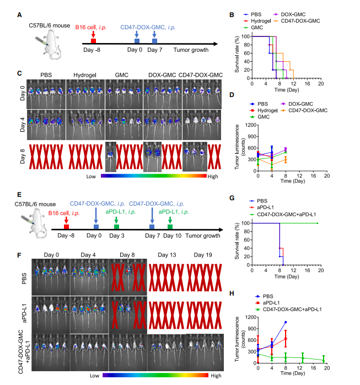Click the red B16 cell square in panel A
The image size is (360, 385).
(93, 41)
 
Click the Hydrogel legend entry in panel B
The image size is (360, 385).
(265, 20)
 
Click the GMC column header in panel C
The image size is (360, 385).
(122, 74)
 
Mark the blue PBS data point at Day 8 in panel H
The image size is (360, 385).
(286, 322)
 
